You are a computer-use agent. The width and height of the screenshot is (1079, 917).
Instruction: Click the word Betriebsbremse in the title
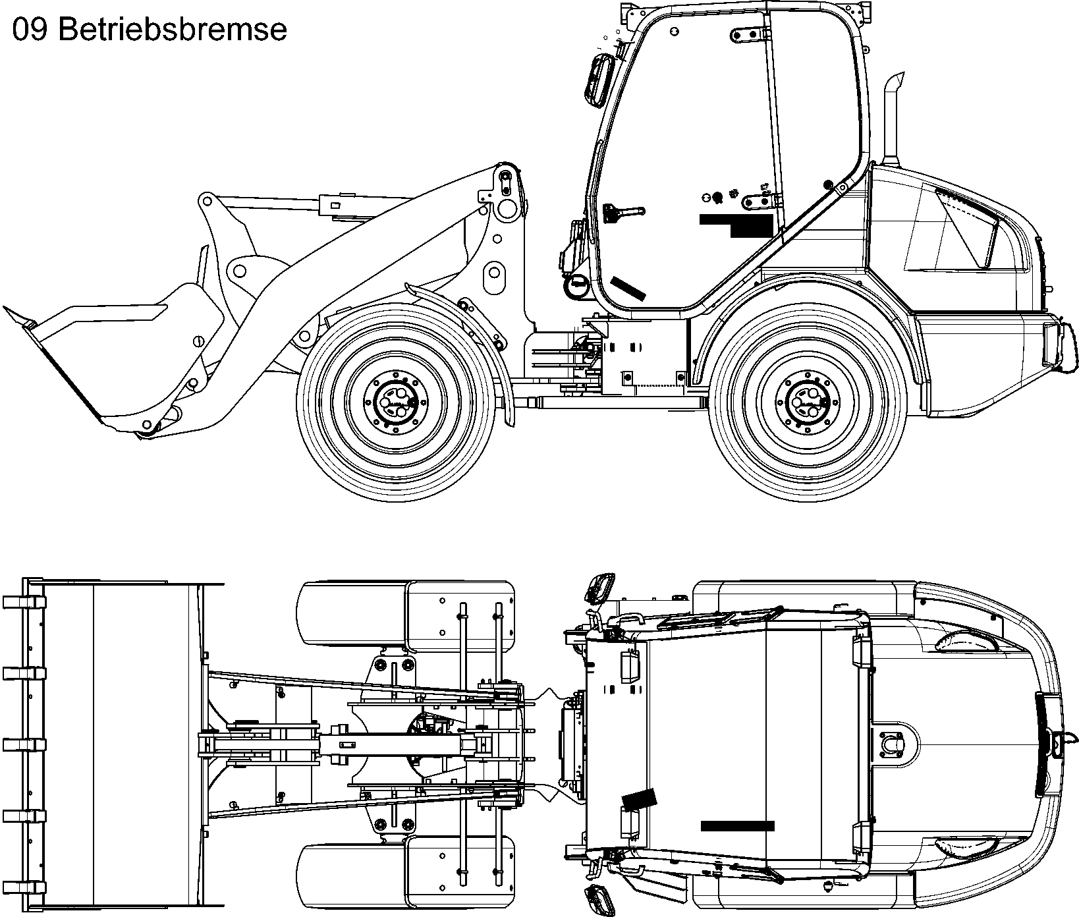173,30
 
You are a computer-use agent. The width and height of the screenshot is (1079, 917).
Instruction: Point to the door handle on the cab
622,213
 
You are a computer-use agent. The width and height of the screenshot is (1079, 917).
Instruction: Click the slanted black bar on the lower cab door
628,289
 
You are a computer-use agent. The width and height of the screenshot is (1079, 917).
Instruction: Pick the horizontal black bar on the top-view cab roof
737,825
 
